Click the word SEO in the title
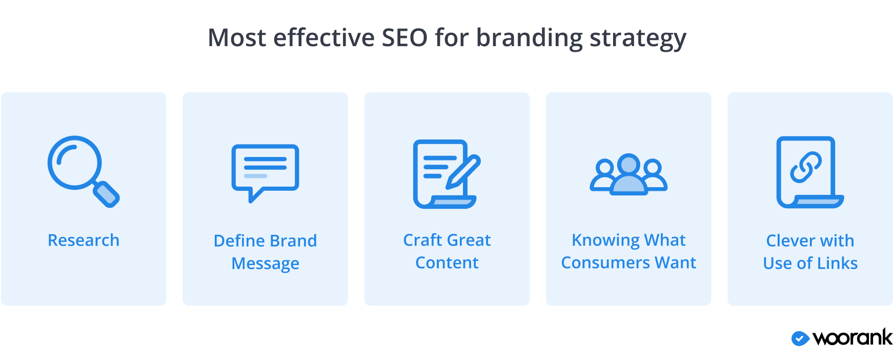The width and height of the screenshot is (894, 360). point(404,38)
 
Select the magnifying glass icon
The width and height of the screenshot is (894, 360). point(84,171)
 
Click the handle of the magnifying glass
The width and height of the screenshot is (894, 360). point(107,194)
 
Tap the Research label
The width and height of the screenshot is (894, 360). point(84,240)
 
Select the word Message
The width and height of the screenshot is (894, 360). point(265,264)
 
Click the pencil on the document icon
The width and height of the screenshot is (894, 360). point(463,172)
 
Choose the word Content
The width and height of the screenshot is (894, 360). point(447,263)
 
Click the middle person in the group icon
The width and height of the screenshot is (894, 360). point(629,174)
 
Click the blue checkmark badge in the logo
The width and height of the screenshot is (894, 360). point(800,338)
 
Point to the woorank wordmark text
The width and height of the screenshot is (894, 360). point(852,337)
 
